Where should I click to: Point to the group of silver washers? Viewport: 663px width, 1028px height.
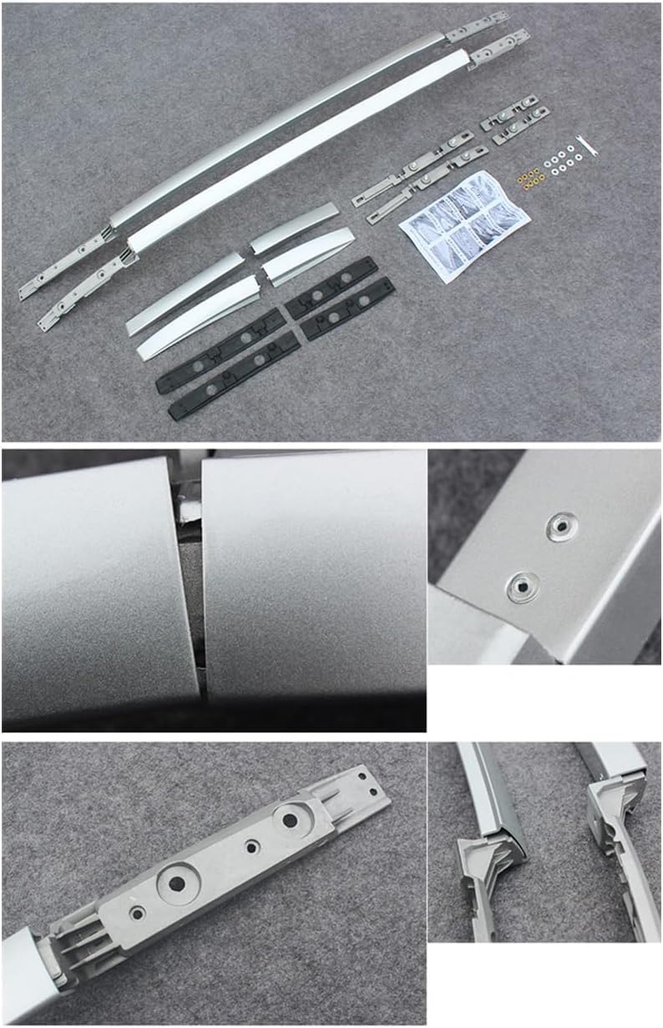click(x=561, y=159)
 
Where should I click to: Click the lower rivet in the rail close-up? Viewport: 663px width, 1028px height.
click(x=521, y=586)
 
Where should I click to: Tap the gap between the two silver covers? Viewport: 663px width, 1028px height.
click(x=190, y=584)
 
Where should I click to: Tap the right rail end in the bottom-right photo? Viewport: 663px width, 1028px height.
click(x=614, y=822)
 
